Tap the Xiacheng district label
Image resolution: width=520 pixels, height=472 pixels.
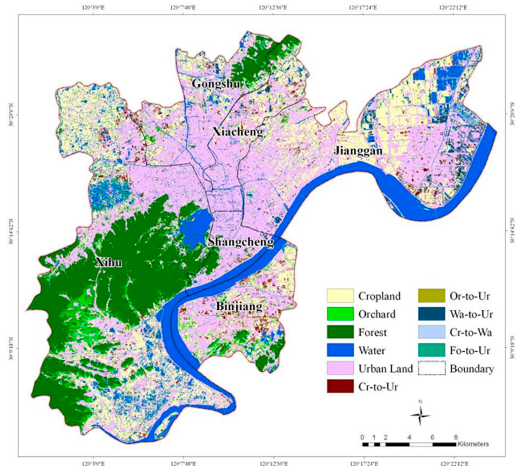[x=238, y=132]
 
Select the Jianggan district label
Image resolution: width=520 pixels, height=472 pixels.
[x=358, y=150]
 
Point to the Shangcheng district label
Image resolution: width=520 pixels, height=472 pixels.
[x=241, y=242]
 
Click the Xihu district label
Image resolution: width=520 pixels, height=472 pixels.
[x=109, y=263]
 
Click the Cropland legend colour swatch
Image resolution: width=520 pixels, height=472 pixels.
[x=340, y=296]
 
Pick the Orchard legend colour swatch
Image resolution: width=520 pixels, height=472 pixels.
[x=340, y=314]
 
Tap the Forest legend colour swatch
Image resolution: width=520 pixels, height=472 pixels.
[x=340, y=332]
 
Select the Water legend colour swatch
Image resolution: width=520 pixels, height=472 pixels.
[x=340, y=350]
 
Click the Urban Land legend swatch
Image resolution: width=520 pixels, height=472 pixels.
[x=340, y=369]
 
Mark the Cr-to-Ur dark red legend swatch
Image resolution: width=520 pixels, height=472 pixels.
[x=340, y=387]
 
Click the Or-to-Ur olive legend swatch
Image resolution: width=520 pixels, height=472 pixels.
[x=432, y=296]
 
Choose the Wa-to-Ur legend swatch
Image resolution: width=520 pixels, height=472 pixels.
[x=432, y=314]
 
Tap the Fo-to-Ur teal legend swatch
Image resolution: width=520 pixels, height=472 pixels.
[x=432, y=350]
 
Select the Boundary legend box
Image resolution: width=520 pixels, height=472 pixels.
[x=432, y=369]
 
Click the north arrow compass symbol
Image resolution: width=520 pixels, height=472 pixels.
[x=420, y=416]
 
